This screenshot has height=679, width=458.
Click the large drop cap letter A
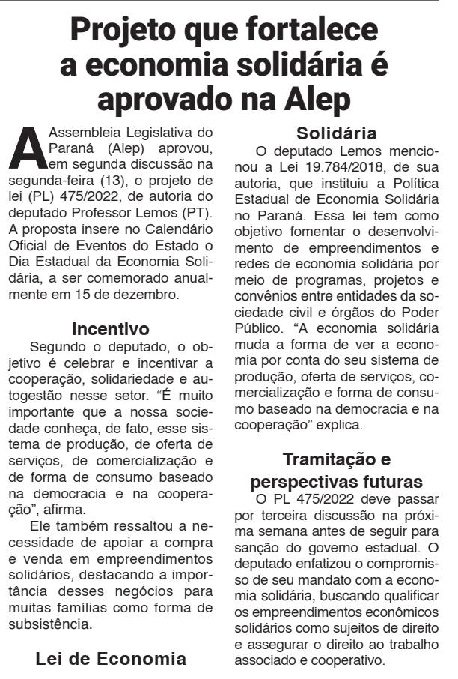coord(27,149)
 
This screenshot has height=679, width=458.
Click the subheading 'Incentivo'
coord(110,329)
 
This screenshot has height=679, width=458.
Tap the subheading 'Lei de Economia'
coord(110,659)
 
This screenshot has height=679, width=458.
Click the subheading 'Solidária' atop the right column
coord(336,134)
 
